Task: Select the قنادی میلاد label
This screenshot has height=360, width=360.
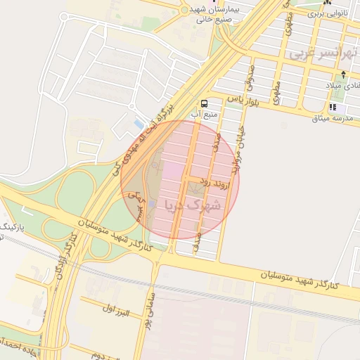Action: [342, 85]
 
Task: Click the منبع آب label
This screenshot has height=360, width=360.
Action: [205, 113]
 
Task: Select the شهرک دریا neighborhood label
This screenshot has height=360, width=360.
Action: [192, 205]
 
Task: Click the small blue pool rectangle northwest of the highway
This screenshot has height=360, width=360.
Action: [138, 124]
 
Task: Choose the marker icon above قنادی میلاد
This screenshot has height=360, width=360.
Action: [343, 75]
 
